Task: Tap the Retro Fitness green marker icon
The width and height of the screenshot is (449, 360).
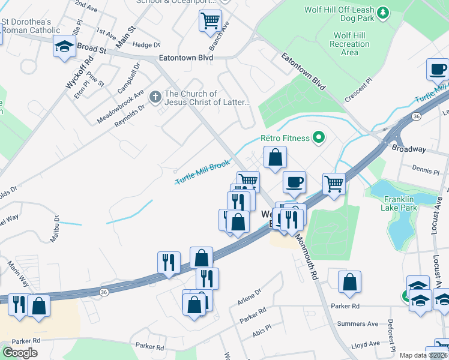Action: [x=319, y=139]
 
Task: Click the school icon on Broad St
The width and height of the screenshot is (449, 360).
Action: [x=63, y=46]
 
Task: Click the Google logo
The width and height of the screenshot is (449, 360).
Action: [x=20, y=352]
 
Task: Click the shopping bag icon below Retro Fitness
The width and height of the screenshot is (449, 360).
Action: [x=274, y=158]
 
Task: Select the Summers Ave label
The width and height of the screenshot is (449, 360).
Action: [x=358, y=324]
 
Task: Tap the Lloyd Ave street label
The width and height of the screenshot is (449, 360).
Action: [x=365, y=344]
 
